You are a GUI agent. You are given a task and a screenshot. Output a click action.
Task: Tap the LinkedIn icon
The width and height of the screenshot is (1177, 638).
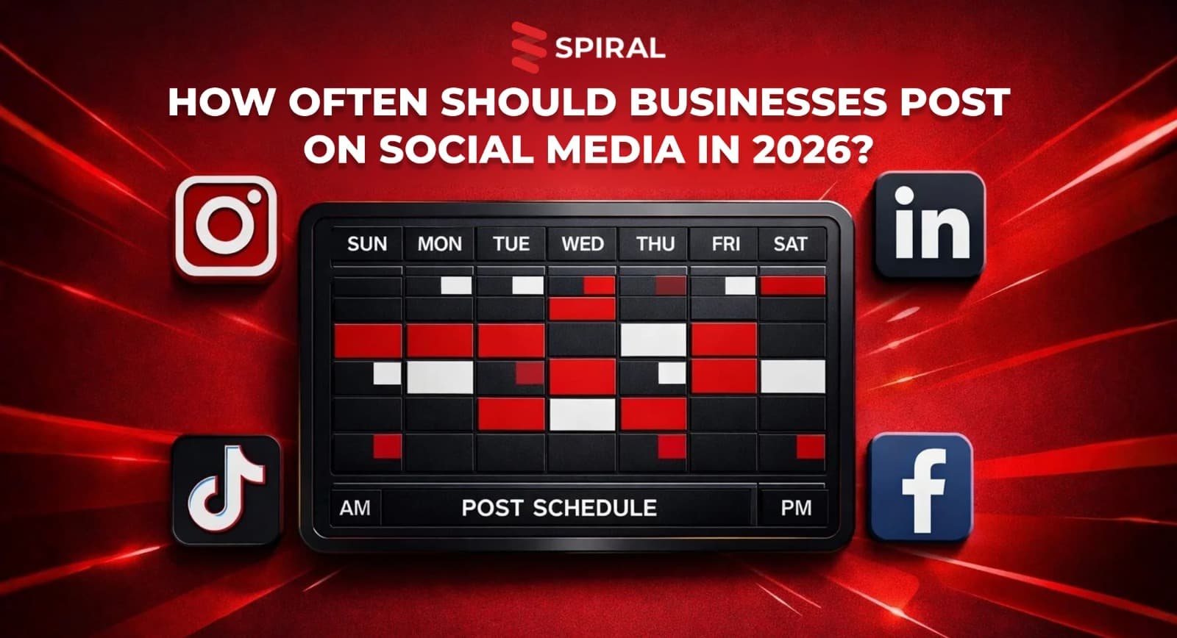tap(930, 224)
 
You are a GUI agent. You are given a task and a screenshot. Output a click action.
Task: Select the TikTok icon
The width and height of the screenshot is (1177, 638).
tap(226, 490)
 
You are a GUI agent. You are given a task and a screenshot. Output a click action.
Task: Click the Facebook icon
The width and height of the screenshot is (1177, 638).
tap(920, 488)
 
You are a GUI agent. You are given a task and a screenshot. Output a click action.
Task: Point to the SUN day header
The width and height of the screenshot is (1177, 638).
tap(367, 244)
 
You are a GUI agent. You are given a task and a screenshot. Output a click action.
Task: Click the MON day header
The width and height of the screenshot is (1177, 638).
tap(440, 244)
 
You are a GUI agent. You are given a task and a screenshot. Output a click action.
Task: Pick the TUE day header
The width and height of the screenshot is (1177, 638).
tap(511, 244)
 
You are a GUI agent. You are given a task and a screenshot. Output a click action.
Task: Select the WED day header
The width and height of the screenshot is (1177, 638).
tap(583, 244)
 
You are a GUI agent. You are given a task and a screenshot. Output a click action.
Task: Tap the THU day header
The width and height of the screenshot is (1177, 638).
tap(655, 244)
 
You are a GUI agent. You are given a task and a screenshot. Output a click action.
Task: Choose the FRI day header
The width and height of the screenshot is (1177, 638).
tap(725, 244)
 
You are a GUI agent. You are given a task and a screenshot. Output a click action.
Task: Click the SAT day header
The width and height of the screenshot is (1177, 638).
tap(790, 244)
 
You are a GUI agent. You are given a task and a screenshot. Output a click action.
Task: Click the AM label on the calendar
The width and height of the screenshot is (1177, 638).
tap(355, 508)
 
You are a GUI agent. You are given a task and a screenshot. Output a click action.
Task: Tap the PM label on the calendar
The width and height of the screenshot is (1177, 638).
tap(796, 508)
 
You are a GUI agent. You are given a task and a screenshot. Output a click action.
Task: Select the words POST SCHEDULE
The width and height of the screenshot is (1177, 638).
tap(559, 508)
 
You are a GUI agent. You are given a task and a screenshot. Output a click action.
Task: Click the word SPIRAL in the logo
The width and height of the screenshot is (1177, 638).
tap(610, 49)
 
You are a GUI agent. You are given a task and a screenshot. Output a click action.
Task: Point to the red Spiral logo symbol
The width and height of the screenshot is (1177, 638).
tap(529, 47)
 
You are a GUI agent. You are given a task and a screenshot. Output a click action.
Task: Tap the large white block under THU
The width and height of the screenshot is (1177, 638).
tap(654, 340)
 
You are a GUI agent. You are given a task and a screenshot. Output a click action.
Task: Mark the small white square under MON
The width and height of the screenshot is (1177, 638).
tap(456, 285)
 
